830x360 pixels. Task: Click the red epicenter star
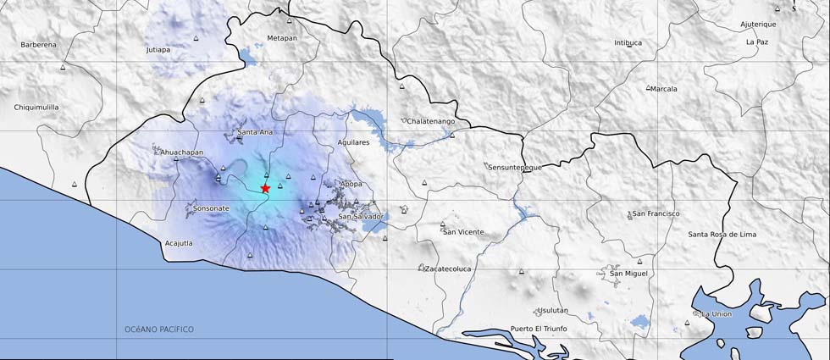pyautogui.click(x=265, y=188)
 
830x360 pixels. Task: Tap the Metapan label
pyautogui.click(x=282, y=38)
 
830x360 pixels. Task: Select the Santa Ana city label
pyautogui.click(x=255, y=132)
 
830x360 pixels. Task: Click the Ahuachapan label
pyautogui.click(x=182, y=152)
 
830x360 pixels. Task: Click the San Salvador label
pyautogui.click(x=361, y=217)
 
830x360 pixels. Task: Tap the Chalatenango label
pyautogui.click(x=432, y=121)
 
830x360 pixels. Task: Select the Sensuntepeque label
pyautogui.click(x=514, y=167)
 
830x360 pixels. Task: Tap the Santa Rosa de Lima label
pyautogui.click(x=722, y=234)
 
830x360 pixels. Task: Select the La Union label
pyautogui.click(x=717, y=314)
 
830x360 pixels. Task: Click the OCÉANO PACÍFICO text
pyautogui.click(x=159, y=329)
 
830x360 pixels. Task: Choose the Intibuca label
pyautogui.click(x=628, y=42)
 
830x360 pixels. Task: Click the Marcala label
pyautogui.click(x=664, y=88)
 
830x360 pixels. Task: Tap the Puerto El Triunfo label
pyautogui.click(x=539, y=329)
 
